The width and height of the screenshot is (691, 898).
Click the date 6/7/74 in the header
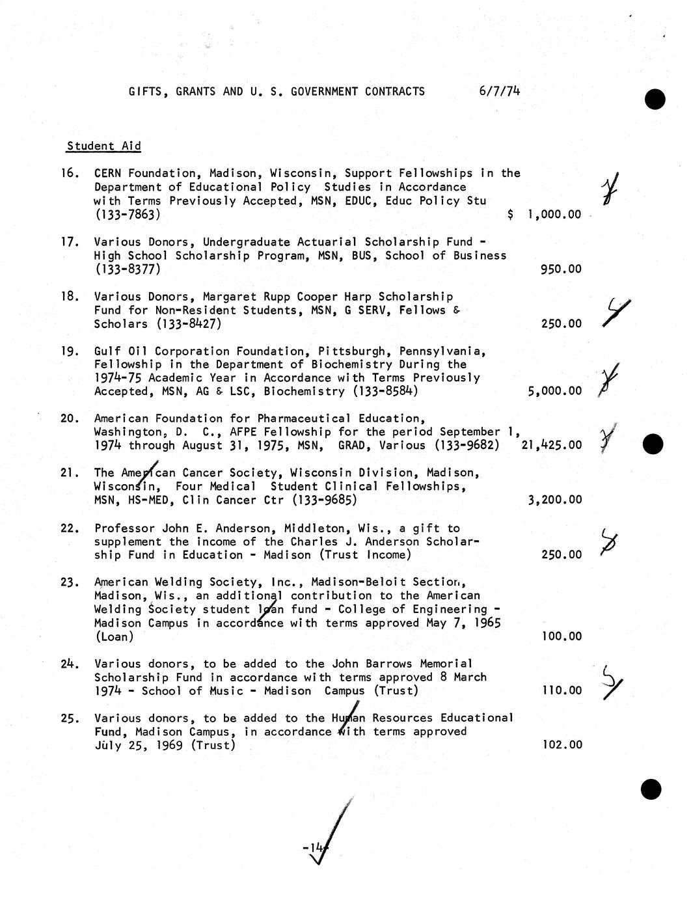pos(499,91)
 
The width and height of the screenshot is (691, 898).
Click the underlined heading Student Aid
pos(103,146)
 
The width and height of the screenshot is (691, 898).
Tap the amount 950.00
pos(561,269)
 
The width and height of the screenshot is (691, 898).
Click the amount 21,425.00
pos(552,445)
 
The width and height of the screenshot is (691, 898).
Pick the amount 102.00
pos(562,744)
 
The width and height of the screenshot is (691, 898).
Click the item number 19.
pos(70,351)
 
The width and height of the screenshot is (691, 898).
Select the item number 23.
pos(70,582)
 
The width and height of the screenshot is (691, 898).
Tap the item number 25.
pos(70,718)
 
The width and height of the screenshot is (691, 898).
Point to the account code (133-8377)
pos(128,269)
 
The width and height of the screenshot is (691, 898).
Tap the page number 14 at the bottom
pos(316,847)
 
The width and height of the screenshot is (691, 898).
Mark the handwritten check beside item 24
pos(611,682)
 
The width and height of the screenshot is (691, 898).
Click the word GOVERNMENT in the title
pos(324,92)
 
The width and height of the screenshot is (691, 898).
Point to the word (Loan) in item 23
pos(114,636)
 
